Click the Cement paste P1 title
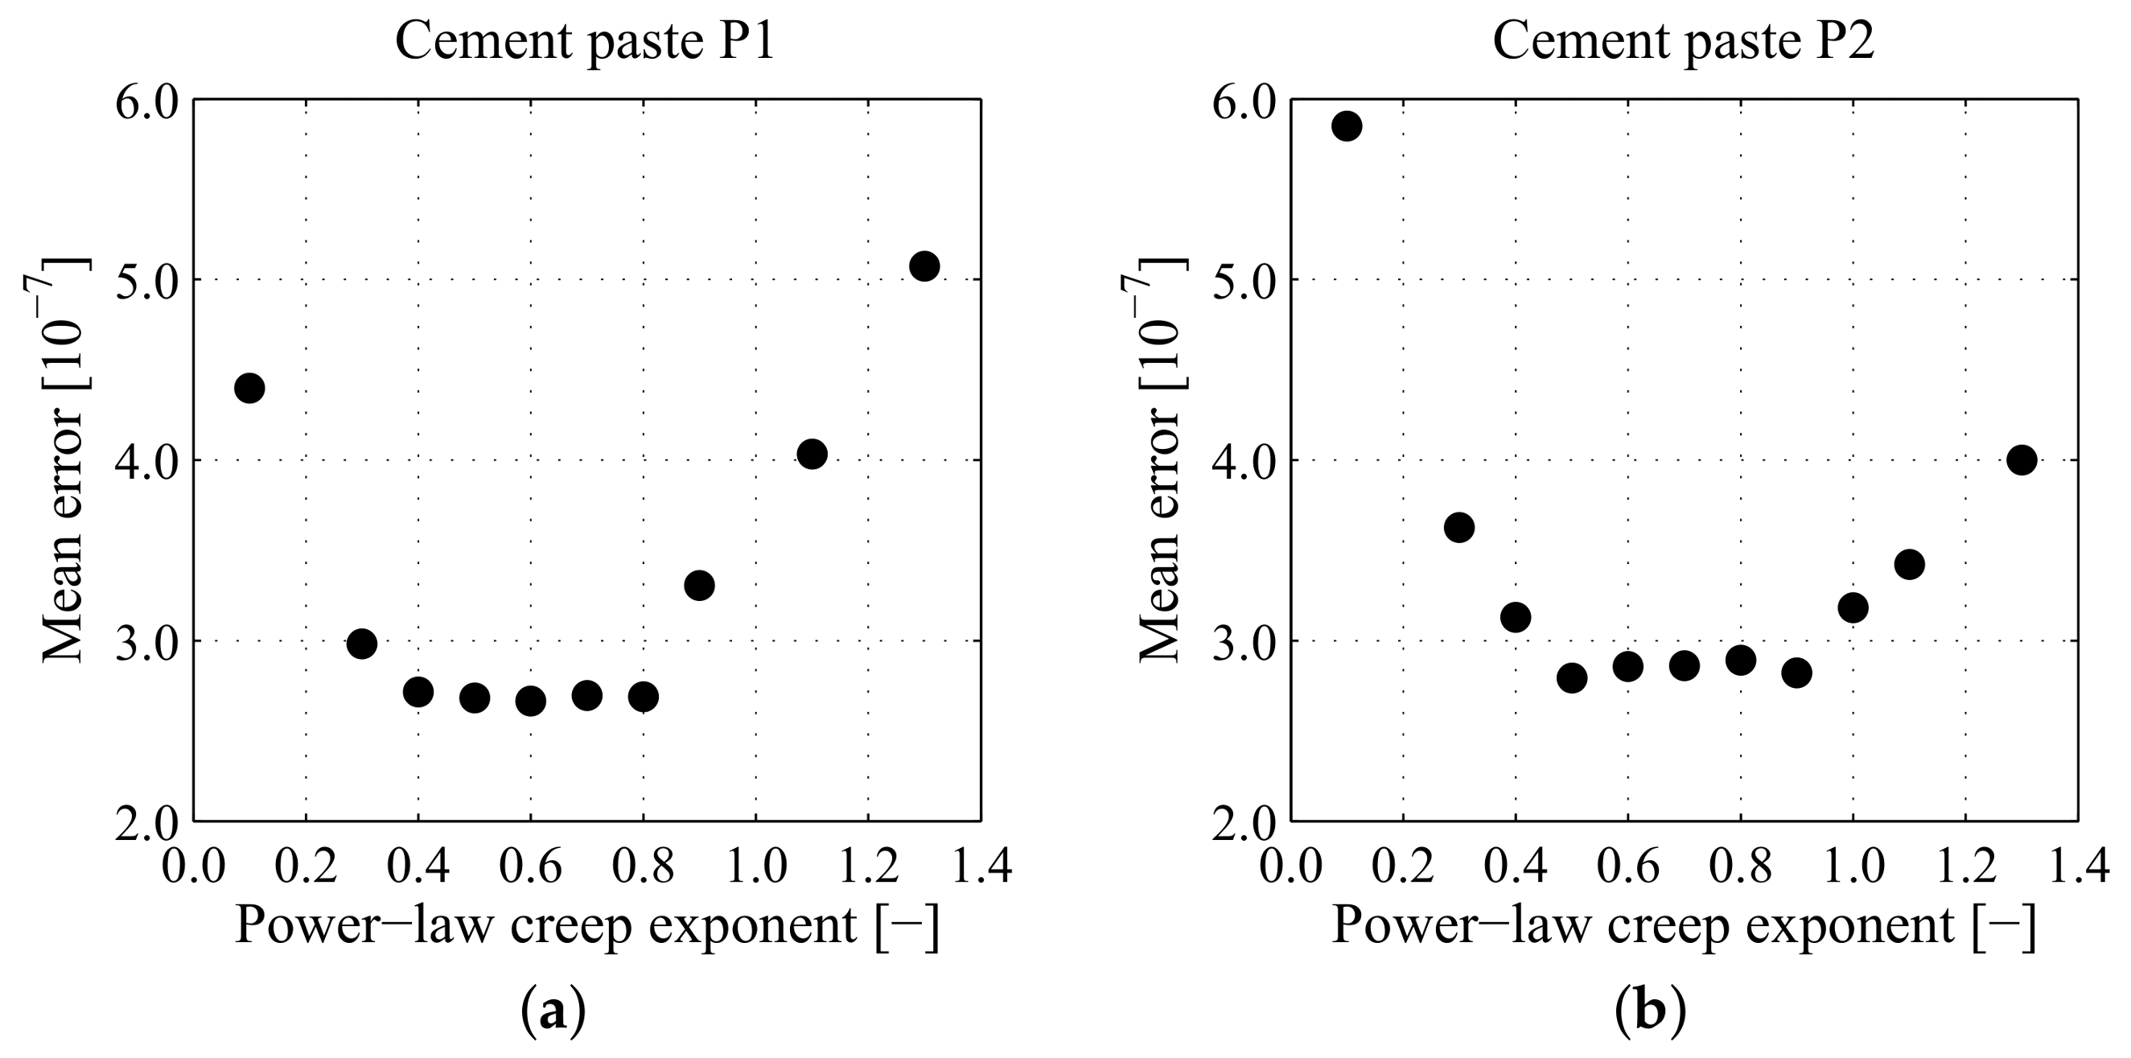point(585,39)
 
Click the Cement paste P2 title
point(1683,39)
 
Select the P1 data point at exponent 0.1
point(249,387)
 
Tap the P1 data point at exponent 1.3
point(924,266)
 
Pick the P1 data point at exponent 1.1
point(812,453)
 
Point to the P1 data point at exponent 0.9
point(699,586)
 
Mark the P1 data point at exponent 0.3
point(361,643)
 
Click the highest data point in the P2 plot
point(1347,126)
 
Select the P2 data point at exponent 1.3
point(2021,459)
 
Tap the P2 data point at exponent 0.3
point(1459,527)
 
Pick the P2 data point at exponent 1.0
point(1853,608)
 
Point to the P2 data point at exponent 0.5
point(1572,678)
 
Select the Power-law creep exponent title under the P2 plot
point(1683,924)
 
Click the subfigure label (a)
point(553,1011)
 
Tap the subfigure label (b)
point(1650,1011)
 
